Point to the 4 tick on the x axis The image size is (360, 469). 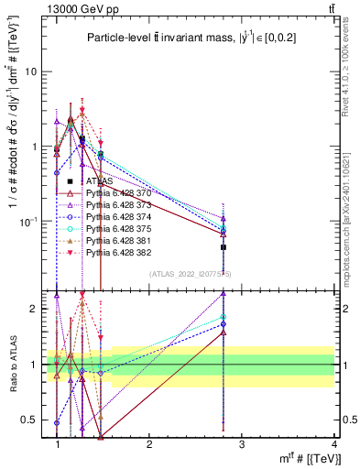tap(333, 444)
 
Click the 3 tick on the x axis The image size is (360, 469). tap(241, 444)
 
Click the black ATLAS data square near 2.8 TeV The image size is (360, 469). tap(223, 247)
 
